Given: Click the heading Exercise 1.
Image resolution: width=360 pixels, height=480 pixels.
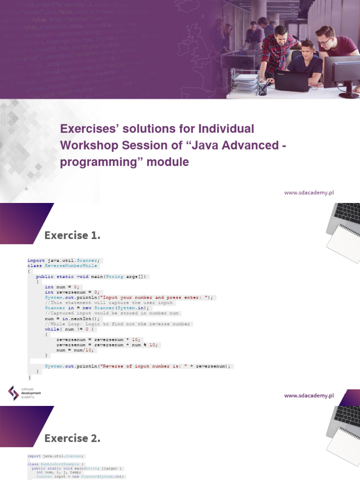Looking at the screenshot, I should [72, 235].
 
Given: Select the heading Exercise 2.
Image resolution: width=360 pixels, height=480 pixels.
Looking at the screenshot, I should [72, 438].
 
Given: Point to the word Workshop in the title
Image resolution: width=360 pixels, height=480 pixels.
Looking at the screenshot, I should [89, 145].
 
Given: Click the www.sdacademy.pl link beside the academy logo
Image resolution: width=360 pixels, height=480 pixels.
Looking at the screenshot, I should [308, 396].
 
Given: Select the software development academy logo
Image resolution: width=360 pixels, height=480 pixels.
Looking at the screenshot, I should [24, 393].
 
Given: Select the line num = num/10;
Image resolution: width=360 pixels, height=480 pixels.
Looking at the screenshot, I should [75, 350].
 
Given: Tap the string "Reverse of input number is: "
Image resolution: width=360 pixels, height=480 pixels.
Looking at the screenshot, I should [141, 366].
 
